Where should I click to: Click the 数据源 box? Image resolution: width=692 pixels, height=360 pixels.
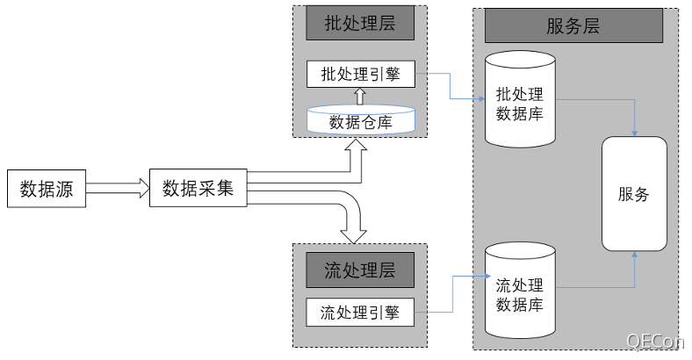(x=47, y=189)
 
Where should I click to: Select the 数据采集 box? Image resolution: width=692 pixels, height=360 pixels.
(x=198, y=188)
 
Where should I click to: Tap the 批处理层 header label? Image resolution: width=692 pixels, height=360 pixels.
(x=359, y=24)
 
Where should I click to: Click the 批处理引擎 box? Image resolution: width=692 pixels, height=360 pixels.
(x=359, y=74)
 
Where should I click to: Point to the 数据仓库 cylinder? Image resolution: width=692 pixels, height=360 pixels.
(x=360, y=121)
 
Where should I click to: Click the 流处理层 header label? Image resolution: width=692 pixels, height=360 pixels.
(x=359, y=270)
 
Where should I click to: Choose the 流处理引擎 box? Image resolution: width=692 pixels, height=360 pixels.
(x=359, y=312)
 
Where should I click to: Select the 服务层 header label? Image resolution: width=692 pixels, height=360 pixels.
(x=573, y=25)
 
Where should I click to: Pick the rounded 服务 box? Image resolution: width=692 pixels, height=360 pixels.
(x=634, y=194)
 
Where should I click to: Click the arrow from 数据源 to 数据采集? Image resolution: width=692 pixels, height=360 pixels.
(x=118, y=189)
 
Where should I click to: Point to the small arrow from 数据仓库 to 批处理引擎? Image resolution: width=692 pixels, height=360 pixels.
(x=359, y=96)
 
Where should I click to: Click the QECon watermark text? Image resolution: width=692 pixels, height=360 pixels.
(x=654, y=341)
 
